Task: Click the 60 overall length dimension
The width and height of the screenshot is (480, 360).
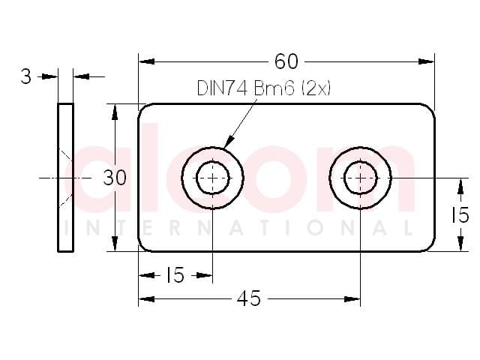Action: pos(286,61)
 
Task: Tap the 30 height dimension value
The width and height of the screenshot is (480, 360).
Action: pos(115,178)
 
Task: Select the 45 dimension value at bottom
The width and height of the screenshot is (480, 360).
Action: pos(248,298)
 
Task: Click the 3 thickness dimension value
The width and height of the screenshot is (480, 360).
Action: pos(26,76)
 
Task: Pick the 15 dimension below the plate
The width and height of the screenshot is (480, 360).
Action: pos(175,275)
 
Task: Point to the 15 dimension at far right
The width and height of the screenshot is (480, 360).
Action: pos(460,214)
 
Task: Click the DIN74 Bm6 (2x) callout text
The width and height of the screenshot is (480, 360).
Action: pos(263,88)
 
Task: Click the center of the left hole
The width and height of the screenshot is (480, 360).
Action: pos(212,178)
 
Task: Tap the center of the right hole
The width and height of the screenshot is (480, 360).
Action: pos(360,178)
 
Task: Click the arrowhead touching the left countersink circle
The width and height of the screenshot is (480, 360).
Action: pos(228,142)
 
